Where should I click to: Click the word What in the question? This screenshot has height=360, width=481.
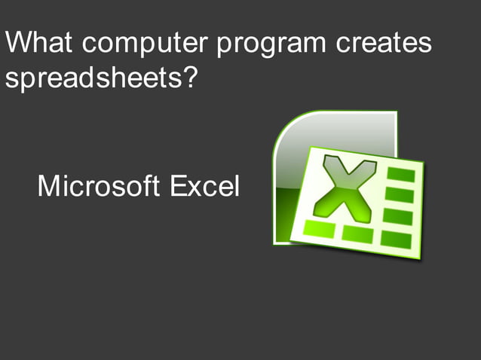pos(39,43)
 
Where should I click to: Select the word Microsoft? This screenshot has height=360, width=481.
pos(99,185)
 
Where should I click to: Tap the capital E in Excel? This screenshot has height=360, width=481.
pos(178,185)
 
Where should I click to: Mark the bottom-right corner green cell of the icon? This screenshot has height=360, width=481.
pos(395,239)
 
